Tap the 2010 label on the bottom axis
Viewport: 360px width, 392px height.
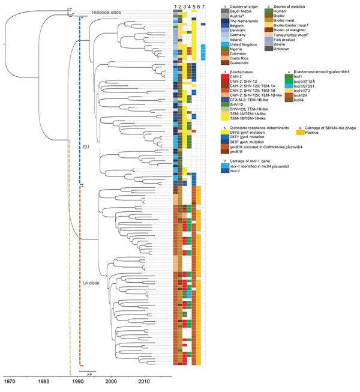point(144,381)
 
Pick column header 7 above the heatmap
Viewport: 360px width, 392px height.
point(204,6)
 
